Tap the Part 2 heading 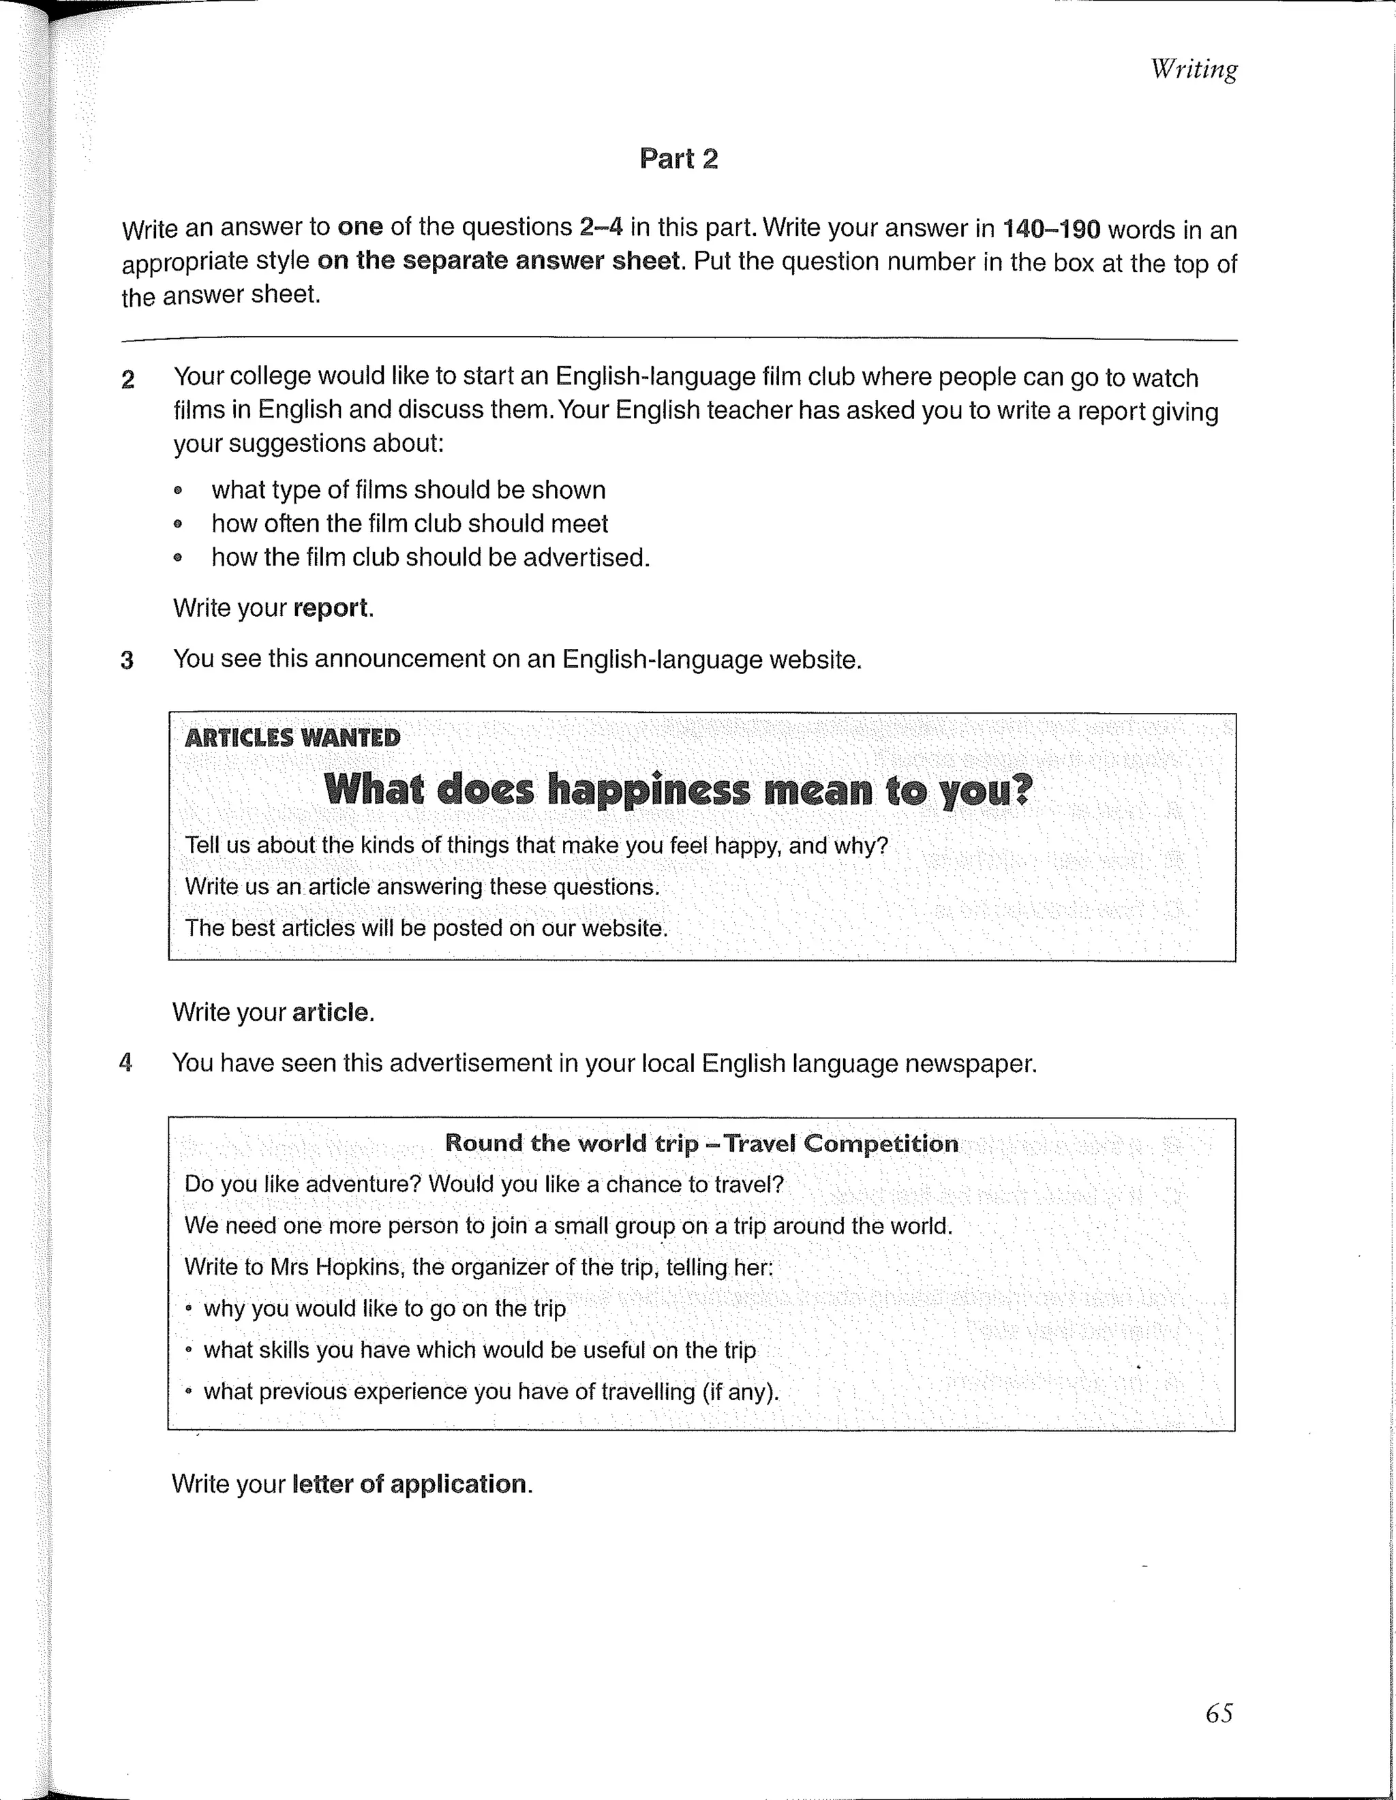[x=678, y=158]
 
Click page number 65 [x=1218, y=1713]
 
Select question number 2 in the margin [x=127, y=380]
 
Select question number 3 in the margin [x=127, y=660]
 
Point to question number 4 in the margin [x=126, y=1063]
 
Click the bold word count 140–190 [x=1050, y=229]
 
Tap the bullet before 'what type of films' [x=177, y=491]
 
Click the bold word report [x=331, y=608]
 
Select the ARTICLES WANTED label [x=292, y=737]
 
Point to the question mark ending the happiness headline [x=1021, y=789]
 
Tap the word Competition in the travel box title [x=881, y=1143]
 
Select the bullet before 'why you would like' [x=189, y=1309]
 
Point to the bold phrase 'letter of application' [x=409, y=1484]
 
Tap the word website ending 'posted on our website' [x=623, y=928]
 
